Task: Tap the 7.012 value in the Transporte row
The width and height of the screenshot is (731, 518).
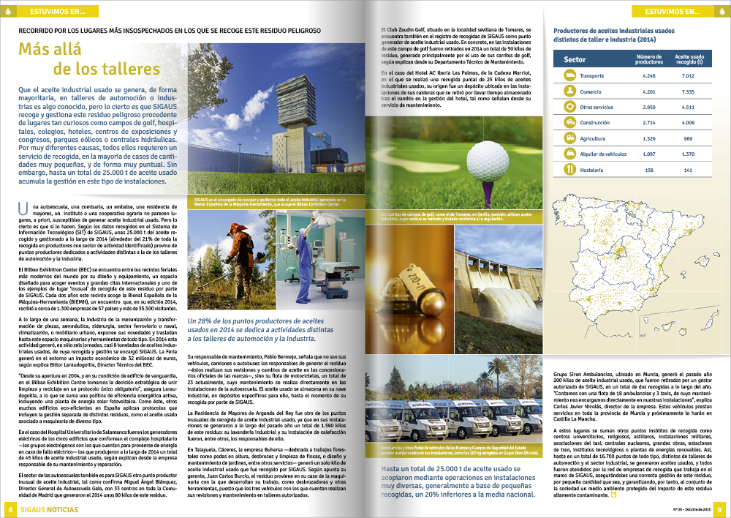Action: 687,76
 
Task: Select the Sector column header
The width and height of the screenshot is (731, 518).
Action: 575,59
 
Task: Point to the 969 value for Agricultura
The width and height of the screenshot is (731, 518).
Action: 687,138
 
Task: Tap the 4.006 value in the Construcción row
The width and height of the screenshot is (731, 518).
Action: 687,123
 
